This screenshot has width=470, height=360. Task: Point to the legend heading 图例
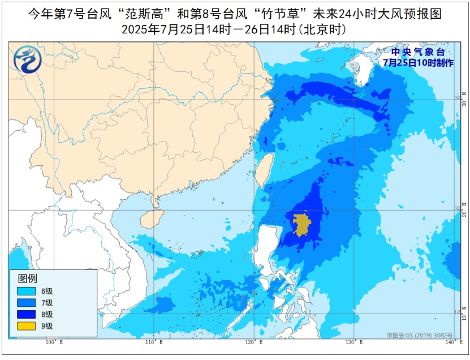click(x=27, y=278)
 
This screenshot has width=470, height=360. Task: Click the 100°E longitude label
click(x=54, y=342)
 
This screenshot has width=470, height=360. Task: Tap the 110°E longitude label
click(x=154, y=342)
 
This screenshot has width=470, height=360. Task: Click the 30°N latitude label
click(x=464, y=99)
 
